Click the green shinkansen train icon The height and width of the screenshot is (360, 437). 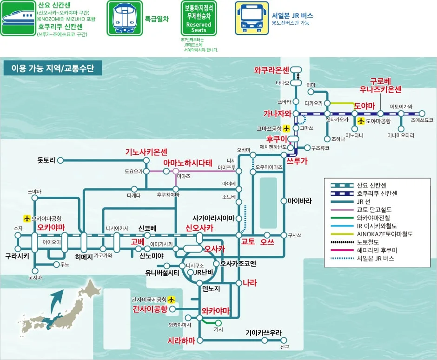(18, 18)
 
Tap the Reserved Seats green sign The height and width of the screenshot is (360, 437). (199, 18)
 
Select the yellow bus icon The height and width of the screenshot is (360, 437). (252, 18)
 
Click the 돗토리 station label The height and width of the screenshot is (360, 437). (46, 160)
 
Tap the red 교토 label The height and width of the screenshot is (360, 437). (248, 242)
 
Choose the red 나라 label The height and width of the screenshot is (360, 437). (249, 283)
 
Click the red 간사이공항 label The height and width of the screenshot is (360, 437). (150, 309)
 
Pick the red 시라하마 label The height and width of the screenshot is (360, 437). (181, 340)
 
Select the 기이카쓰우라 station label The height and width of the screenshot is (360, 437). (264, 333)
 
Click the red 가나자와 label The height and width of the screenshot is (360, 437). (277, 113)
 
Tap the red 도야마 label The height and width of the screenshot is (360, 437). (364, 106)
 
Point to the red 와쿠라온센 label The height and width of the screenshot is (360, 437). (272, 71)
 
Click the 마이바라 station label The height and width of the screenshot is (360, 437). (299, 201)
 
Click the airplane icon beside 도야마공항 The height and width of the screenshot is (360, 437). (361, 121)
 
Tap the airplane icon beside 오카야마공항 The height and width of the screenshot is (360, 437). (26, 218)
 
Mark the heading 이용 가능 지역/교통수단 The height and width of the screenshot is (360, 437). (52, 69)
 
